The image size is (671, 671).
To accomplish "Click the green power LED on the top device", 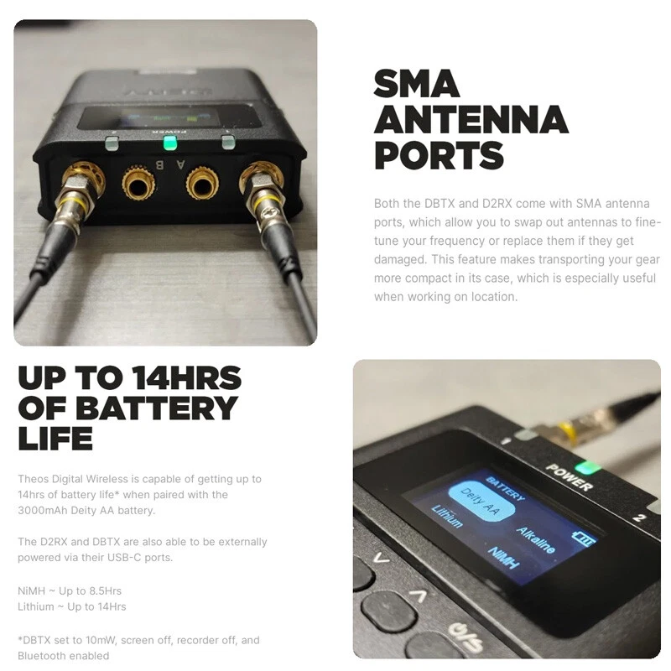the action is coord(170,143).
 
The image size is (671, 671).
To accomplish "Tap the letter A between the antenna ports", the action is coord(181,164).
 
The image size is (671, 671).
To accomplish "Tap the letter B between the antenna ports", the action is coord(159,164).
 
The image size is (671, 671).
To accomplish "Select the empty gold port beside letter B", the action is coord(138,184).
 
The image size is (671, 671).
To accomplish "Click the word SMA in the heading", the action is coord(416,83).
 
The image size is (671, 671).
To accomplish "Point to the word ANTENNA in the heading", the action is coord(471,119).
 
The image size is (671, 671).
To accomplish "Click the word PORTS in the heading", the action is coord(439,155).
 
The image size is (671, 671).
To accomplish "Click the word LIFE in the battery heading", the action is coord(55,438).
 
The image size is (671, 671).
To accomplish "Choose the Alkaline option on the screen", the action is coord(536,539).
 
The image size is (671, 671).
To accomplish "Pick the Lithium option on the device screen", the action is coord(447,516).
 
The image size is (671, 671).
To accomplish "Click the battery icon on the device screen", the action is coord(583,538).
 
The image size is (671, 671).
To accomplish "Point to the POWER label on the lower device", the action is coord(570,477).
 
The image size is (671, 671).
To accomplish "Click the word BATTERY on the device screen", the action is coord(505,488).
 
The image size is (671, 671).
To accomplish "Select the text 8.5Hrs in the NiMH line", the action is coord(106,591).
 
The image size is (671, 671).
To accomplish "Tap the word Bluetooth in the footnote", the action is coord(41,656).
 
